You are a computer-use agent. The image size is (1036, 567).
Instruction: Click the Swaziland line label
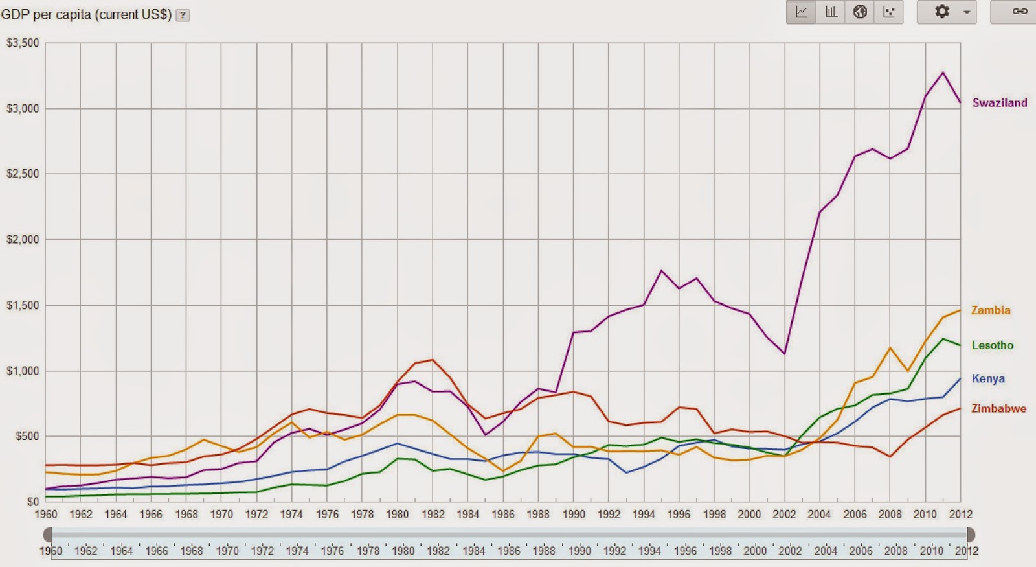999,102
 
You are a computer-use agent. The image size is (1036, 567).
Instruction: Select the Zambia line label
990,310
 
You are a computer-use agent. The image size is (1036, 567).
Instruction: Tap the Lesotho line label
992,345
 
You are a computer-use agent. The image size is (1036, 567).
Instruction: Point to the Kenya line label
988,378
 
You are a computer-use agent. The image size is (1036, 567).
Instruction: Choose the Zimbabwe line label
998,408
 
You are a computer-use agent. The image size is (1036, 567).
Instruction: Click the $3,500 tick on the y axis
23,43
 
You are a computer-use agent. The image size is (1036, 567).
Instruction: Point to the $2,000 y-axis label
23,239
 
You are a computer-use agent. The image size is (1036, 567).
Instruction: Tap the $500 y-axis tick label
27,436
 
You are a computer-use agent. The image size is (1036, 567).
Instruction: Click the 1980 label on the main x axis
398,514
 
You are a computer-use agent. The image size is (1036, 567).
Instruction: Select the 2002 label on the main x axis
784,514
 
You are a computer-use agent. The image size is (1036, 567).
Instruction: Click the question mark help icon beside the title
183,15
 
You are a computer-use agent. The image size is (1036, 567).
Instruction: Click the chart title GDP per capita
86,14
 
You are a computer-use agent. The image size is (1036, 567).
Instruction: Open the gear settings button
947,12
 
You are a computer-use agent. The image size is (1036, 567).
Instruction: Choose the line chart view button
801,12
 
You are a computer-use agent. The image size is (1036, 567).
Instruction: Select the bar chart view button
831,12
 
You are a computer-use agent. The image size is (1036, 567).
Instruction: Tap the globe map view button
860,12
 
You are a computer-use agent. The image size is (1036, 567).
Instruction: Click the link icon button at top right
1020,12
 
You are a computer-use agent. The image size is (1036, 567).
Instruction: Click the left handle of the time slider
48,535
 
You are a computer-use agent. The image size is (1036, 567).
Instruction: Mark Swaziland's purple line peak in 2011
943,72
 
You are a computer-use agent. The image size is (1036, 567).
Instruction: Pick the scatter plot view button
889,12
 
